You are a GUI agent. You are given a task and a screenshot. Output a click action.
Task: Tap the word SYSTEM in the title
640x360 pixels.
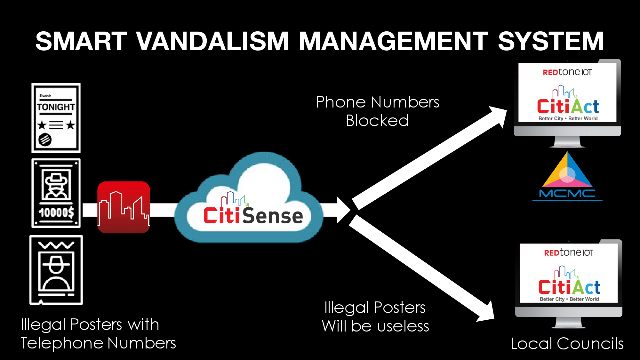[x=551, y=41]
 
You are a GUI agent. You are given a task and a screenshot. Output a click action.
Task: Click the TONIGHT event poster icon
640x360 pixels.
[x=56, y=118]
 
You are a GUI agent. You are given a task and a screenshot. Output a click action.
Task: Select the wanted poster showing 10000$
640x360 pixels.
[x=56, y=193]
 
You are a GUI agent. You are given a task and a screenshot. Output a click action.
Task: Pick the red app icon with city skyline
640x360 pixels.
[x=124, y=207]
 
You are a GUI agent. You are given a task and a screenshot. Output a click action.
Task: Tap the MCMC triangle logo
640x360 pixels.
[x=567, y=176]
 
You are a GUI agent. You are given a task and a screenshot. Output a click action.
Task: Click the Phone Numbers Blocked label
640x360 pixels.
[x=378, y=111]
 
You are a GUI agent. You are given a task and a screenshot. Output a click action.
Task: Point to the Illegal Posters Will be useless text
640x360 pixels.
[x=375, y=316]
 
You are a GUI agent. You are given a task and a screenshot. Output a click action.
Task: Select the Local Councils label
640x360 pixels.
[x=567, y=344]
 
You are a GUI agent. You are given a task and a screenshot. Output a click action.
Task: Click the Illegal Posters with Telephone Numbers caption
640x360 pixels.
[x=98, y=333]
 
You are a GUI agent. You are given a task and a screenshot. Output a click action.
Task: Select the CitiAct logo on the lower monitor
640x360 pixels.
[x=569, y=284]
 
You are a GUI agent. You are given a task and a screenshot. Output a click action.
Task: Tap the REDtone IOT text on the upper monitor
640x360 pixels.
[x=567, y=72]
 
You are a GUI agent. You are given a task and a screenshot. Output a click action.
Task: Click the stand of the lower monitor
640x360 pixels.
[x=568, y=323]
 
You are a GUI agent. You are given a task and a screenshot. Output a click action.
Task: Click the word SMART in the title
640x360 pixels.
[x=81, y=41]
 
